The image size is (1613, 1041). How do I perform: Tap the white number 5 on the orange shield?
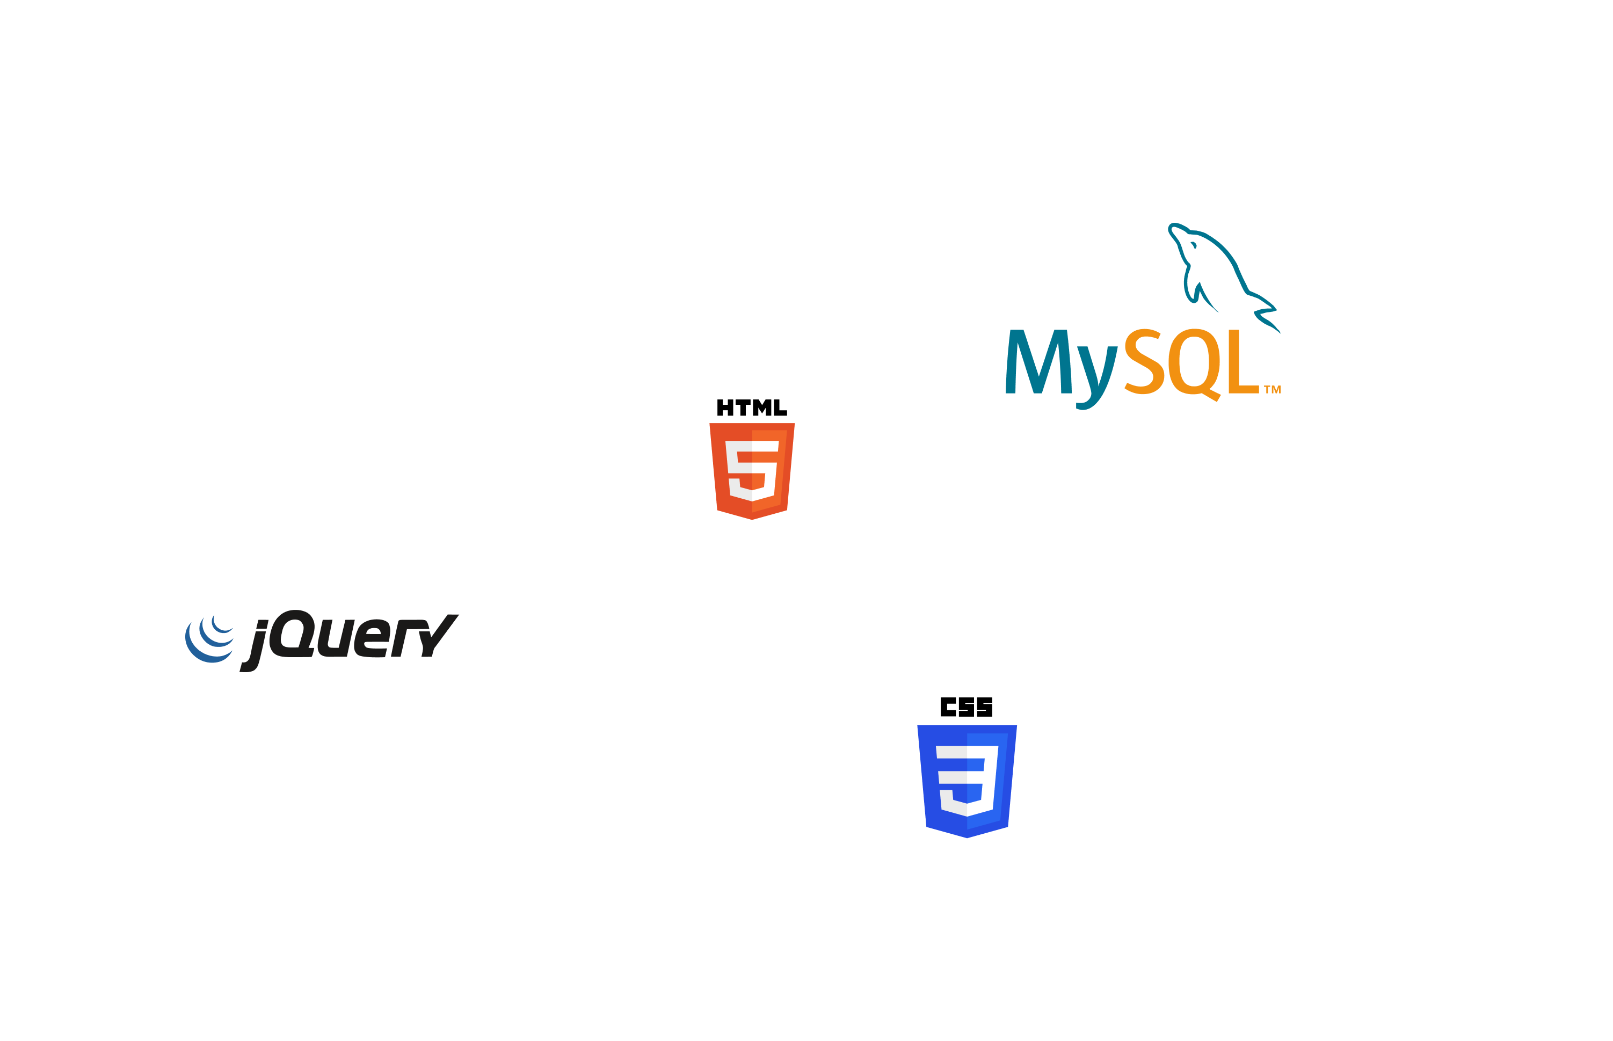point(752,469)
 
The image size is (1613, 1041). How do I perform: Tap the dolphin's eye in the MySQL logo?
point(1194,245)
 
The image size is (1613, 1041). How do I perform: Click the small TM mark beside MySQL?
point(1272,389)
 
